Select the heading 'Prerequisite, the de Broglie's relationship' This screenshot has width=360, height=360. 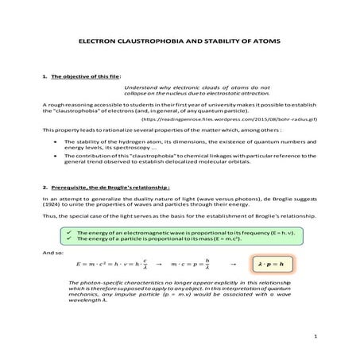(106, 186)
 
